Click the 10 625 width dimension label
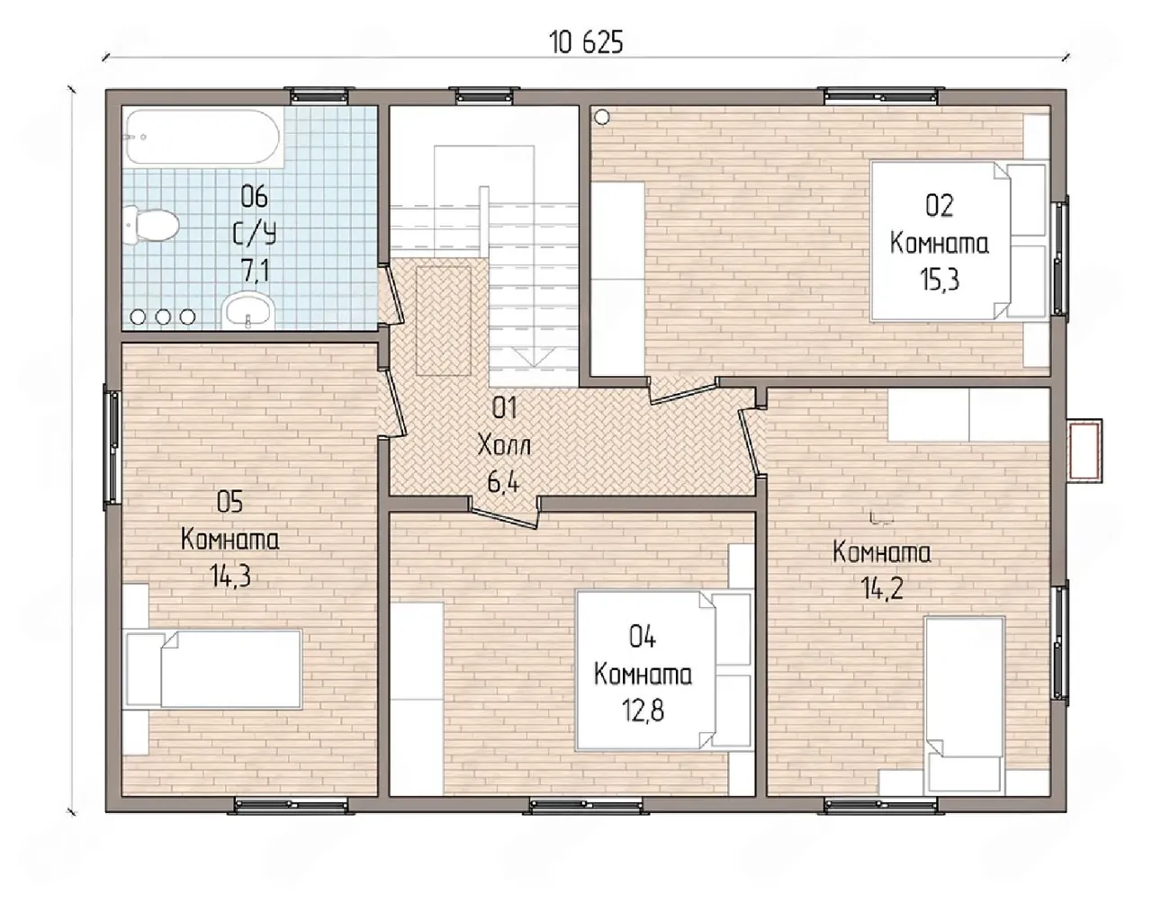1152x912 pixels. coord(587,43)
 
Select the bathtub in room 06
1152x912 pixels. coord(202,137)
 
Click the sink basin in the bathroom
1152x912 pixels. coord(247,310)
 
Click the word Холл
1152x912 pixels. coord(504,445)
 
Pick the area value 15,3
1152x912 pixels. coord(940,279)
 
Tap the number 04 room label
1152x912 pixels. coord(643,638)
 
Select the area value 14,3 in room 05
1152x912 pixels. coord(230,577)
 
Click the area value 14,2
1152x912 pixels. coord(882,589)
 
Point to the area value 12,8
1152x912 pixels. coord(643,711)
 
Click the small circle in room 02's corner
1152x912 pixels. coord(602,117)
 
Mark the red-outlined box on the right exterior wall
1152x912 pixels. coord(1084,451)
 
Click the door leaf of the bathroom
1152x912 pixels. coord(395,295)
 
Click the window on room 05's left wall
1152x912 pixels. coord(113,448)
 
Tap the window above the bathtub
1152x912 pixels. coord(319,96)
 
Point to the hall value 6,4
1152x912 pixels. coord(503,484)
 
